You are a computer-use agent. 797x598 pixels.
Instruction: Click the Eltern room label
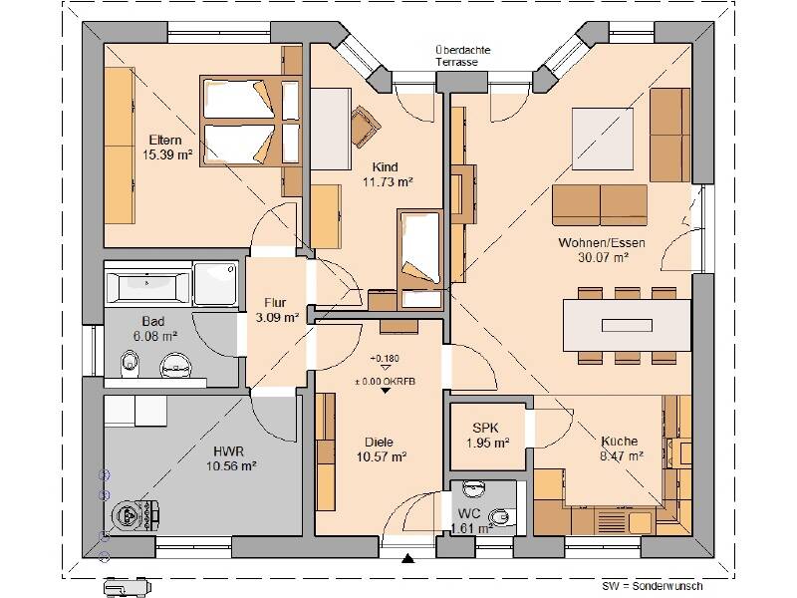pyautogui.click(x=165, y=140)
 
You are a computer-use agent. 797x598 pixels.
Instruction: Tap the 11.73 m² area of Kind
pyautogui.click(x=388, y=182)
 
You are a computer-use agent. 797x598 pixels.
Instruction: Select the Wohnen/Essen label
pyautogui.click(x=602, y=242)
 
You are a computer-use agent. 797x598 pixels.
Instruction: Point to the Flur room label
pyautogui.click(x=275, y=303)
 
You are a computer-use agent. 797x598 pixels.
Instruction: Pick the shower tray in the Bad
pyautogui.click(x=215, y=284)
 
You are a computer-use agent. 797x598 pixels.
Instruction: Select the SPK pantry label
pyautogui.click(x=485, y=428)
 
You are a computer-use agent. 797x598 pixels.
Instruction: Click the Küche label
pyautogui.click(x=619, y=441)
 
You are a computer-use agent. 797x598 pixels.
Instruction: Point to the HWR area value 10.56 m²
pyautogui.click(x=231, y=465)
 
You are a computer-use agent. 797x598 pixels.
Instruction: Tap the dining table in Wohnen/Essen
pyautogui.click(x=627, y=325)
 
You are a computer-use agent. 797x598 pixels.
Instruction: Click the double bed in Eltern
pyautogui.click(x=251, y=122)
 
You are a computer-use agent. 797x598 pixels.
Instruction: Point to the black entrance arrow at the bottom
pyautogui.click(x=407, y=559)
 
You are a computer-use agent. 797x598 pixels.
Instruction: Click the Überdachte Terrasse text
pyautogui.click(x=462, y=56)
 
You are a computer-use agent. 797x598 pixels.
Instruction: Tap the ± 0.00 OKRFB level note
pyautogui.click(x=385, y=382)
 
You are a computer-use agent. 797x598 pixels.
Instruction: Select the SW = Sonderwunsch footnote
pyautogui.click(x=653, y=586)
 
